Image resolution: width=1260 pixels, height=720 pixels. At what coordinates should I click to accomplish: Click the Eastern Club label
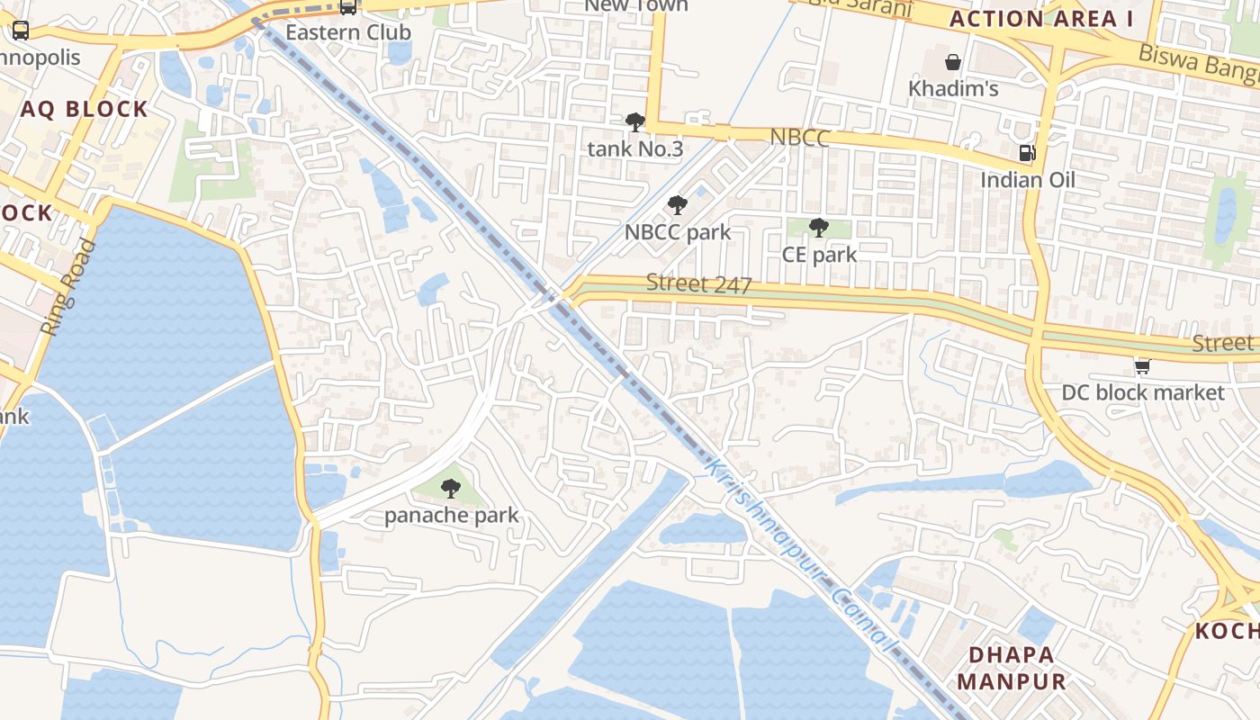(x=348, y=32)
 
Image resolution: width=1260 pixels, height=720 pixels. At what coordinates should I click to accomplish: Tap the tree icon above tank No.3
(x=635, y=121)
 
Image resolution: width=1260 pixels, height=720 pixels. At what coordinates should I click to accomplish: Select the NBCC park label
(x=678, y=232)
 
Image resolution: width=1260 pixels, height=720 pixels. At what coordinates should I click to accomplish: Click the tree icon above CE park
(x=818, y=227)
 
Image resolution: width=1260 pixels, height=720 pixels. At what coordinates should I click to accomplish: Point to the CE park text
(x=819, y=254)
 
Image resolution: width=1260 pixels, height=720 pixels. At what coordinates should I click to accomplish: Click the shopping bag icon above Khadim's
(x=952, y=62)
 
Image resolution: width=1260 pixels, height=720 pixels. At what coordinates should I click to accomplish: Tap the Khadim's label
(x=953, y=89)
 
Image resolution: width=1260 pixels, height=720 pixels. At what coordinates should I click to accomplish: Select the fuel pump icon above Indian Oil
(x=1027, y=153)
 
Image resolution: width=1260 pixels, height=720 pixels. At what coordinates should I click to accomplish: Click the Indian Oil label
(x=1028, y=180)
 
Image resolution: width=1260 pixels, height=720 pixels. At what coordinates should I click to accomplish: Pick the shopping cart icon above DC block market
(x=1142, y=365)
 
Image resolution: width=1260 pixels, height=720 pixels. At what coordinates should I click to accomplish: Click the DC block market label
(x=1143, y=392)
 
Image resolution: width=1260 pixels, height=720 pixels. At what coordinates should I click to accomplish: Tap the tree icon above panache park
(x=451, y=489)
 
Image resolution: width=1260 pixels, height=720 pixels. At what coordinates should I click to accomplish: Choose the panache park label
(x=452, y=516)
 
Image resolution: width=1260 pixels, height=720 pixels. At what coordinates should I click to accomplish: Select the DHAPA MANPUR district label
(x=1012, y=668)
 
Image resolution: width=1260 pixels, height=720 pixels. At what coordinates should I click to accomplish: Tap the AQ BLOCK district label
(x=85, y=110)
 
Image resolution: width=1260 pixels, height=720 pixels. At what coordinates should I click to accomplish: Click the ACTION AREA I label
(x=1040, y=19)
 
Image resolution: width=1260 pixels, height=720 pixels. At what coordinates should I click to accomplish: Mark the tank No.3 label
(x=635, y=148)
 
